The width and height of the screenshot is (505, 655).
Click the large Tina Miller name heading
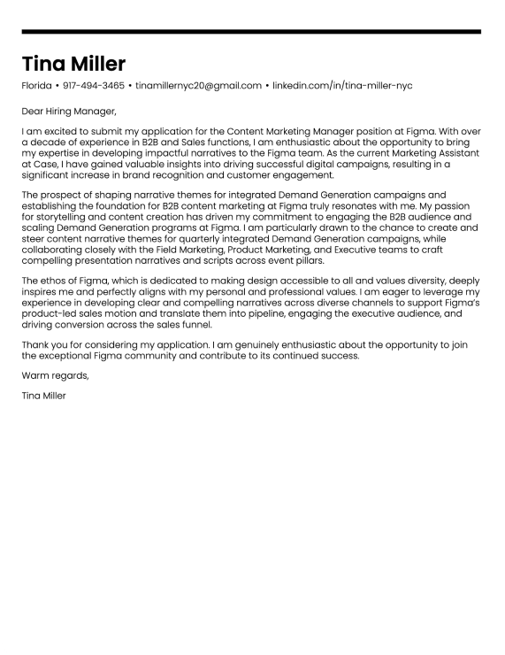(74, 64)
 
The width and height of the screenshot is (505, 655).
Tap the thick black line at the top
(251, 32)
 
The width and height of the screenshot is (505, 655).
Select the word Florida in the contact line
(36, 86)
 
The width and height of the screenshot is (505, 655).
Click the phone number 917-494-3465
(94, 86)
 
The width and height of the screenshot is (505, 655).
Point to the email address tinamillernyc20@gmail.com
(198, 86)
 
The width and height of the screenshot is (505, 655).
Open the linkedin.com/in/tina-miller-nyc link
(342, 86)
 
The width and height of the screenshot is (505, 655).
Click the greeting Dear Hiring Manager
(69, 112)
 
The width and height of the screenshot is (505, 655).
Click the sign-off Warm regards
(55, 375)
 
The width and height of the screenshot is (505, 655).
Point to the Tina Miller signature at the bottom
(44, 396)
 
